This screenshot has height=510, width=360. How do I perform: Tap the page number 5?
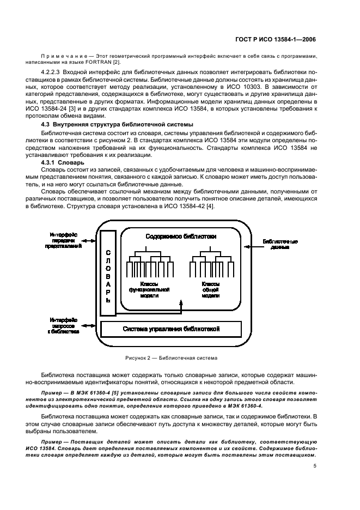tap(315, 465)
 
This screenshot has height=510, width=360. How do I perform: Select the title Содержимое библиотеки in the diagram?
tap(181, 236)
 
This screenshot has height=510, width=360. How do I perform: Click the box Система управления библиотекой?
tap(170, 329)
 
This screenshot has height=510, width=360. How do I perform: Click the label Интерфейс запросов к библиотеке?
tap(63, 325)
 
